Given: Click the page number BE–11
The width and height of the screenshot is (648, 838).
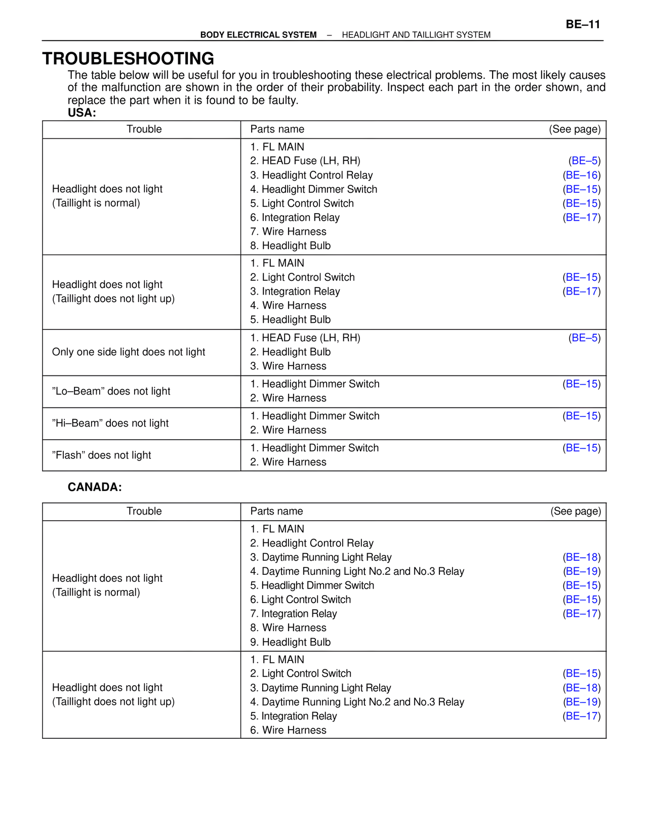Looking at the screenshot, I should click(583, 24).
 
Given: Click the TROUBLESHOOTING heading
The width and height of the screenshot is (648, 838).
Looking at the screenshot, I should click(128, 59).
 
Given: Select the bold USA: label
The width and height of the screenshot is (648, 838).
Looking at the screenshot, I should click(82, 113).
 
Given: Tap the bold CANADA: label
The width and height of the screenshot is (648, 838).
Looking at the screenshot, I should click(95, 487).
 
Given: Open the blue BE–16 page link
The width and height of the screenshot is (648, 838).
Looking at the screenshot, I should click(582, 175).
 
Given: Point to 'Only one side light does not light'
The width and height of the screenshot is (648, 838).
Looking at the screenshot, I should click(129, 352).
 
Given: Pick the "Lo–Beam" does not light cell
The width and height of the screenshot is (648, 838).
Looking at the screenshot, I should click(111, 391).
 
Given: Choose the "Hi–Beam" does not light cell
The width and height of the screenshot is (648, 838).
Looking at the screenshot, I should click(110, 423).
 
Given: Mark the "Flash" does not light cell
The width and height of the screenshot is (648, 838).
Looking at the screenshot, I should click(101, 455).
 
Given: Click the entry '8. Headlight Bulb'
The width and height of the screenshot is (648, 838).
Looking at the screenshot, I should click(291, 246).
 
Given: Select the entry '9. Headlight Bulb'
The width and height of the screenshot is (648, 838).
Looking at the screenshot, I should click(291, 642).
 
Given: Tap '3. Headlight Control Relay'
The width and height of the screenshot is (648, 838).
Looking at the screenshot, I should click(311, 175).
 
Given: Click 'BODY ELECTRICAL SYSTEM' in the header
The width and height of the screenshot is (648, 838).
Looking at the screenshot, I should click(258, 35).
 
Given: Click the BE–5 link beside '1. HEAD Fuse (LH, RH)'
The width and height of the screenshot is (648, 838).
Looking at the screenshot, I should click(585, 338).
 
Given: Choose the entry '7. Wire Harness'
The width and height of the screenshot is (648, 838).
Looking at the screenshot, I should click(289, 232).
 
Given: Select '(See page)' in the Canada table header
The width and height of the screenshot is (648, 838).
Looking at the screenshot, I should click(576, 511).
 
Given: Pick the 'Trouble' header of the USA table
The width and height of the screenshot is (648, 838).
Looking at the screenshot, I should click(144, 129).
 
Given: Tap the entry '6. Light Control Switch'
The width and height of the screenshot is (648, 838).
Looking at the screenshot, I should click(301, 600).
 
